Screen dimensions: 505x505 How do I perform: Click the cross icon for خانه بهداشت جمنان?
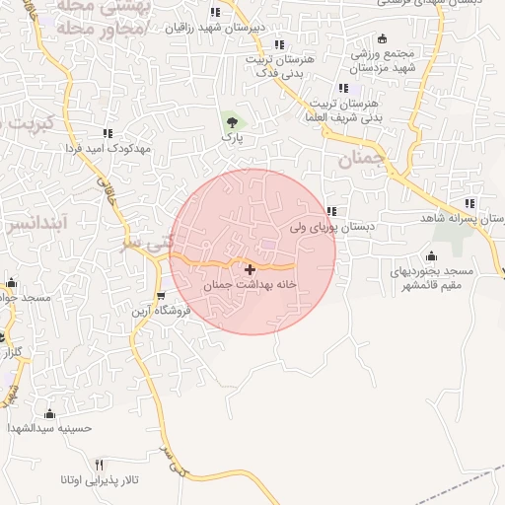point(250,268)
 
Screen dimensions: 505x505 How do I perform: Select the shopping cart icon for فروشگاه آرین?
point(161,295)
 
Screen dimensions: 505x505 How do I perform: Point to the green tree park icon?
point(232,122)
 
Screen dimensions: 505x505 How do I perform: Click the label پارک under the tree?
point(232,140)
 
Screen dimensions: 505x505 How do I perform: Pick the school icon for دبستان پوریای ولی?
point(332,211)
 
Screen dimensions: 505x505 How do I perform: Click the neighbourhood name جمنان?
point(359,159)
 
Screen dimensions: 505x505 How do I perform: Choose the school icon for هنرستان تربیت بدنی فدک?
point(279,44)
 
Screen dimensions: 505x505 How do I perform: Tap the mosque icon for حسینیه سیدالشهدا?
point(50,413)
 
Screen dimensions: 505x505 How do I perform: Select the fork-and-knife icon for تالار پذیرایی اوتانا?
point(99,465)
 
